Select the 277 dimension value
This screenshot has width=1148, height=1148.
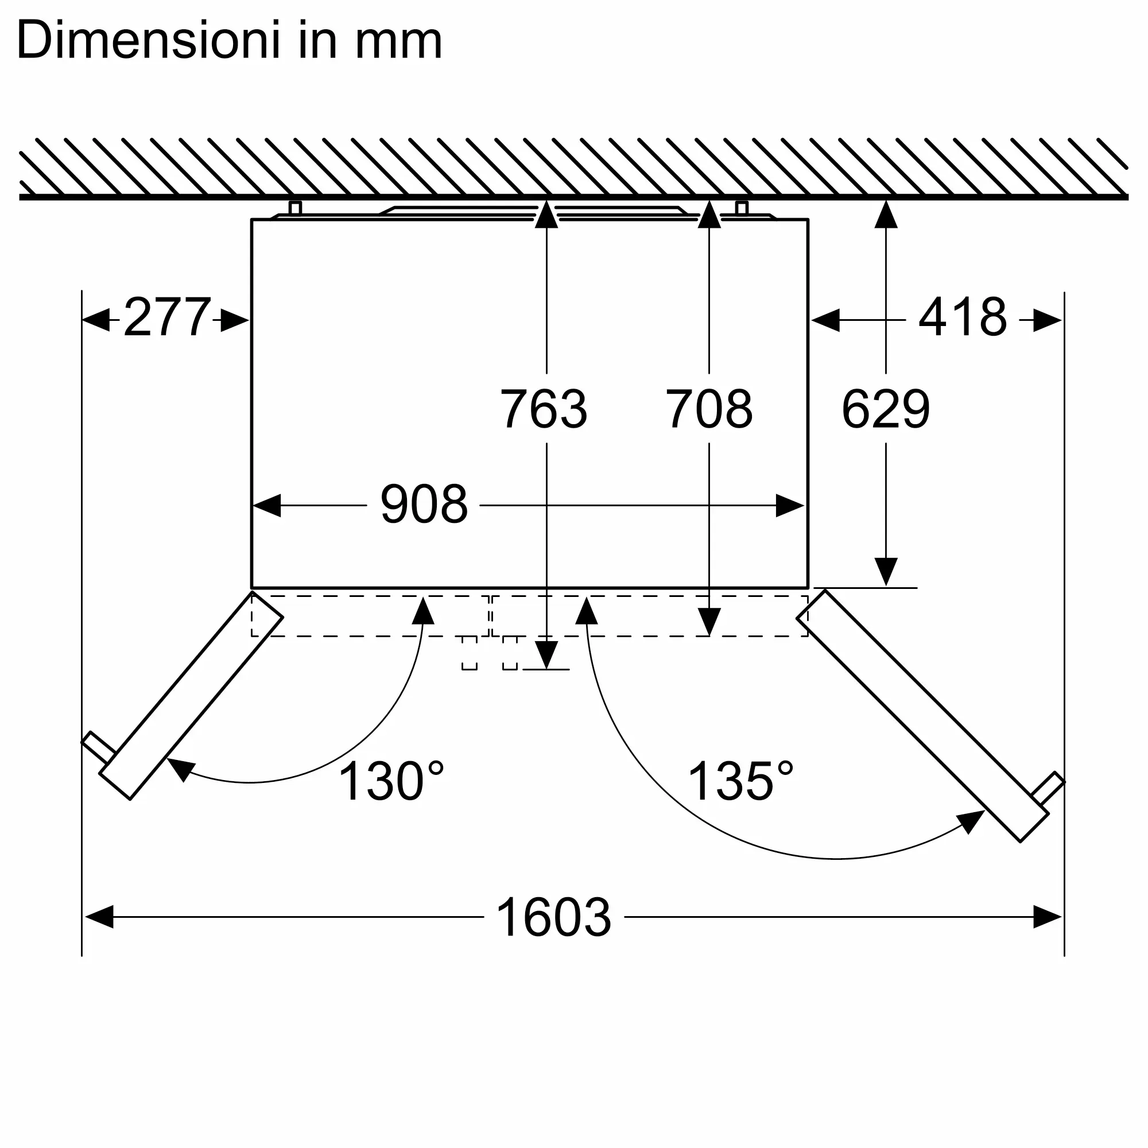[x=167, y=317]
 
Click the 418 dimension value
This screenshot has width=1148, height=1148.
[x=963, y=317]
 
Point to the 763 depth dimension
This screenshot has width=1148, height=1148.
[x=544, y=409]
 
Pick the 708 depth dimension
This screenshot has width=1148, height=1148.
[x=709, y=409]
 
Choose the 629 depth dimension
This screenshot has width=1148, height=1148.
[x=885, y=409]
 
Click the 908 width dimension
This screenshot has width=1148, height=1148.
[x=424, y=505]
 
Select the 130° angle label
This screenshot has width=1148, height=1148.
[x=391, y=781]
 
